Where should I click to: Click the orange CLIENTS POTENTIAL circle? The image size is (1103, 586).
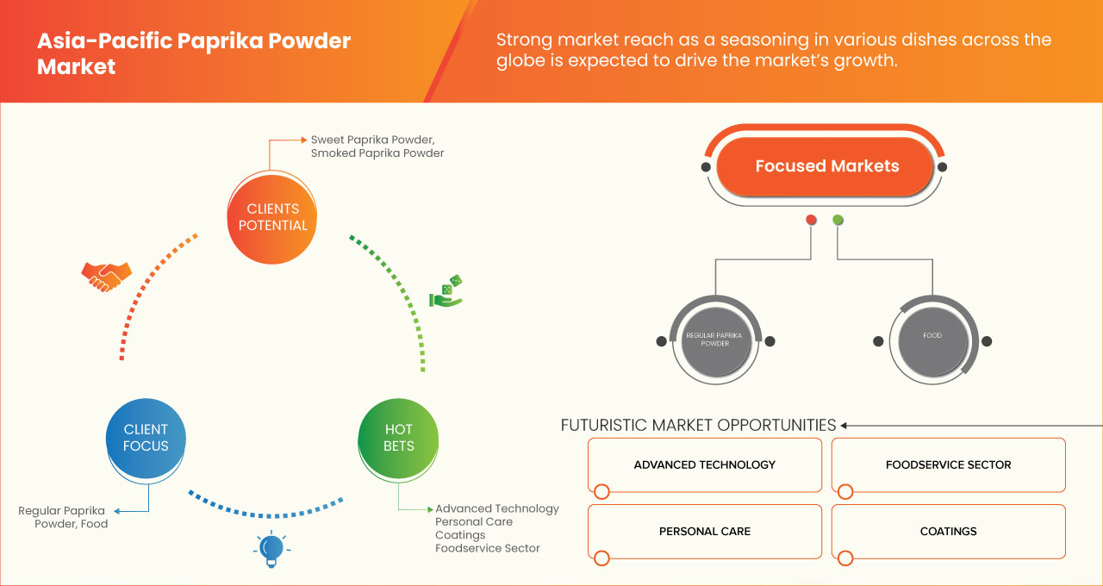272,216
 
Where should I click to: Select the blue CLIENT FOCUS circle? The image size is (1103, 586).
146,438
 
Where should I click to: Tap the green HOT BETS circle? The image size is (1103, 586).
398,438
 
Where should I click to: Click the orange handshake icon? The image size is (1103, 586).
106,276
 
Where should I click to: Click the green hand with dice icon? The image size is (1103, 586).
446,293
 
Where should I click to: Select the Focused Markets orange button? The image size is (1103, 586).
826,166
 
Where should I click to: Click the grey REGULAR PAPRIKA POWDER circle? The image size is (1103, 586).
715,340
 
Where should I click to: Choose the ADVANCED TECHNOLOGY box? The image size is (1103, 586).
704,465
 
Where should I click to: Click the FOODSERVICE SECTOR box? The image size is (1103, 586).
948,465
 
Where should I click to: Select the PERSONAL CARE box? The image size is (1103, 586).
704,532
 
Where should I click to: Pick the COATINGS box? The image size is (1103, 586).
948,532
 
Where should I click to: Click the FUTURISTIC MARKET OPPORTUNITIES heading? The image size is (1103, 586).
698,425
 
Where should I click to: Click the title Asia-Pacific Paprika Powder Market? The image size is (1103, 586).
194,53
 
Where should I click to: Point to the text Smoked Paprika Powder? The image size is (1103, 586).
377,153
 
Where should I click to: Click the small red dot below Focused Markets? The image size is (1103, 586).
811,220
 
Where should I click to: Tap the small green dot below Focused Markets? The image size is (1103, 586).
838,220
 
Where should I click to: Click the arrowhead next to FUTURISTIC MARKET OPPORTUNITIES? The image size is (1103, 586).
844,425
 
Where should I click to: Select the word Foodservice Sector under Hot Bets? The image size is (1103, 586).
487,548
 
